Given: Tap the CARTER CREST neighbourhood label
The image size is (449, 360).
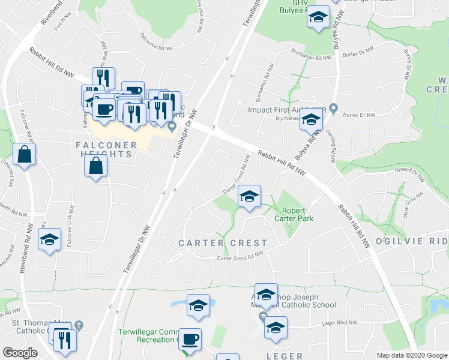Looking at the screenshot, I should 223,243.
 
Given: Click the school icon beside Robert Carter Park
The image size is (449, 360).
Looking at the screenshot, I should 249,196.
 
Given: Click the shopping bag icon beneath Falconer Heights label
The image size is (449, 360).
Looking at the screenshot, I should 96,166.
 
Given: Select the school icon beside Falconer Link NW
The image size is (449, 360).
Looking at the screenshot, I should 49,239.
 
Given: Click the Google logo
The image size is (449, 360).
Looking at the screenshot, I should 20,353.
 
